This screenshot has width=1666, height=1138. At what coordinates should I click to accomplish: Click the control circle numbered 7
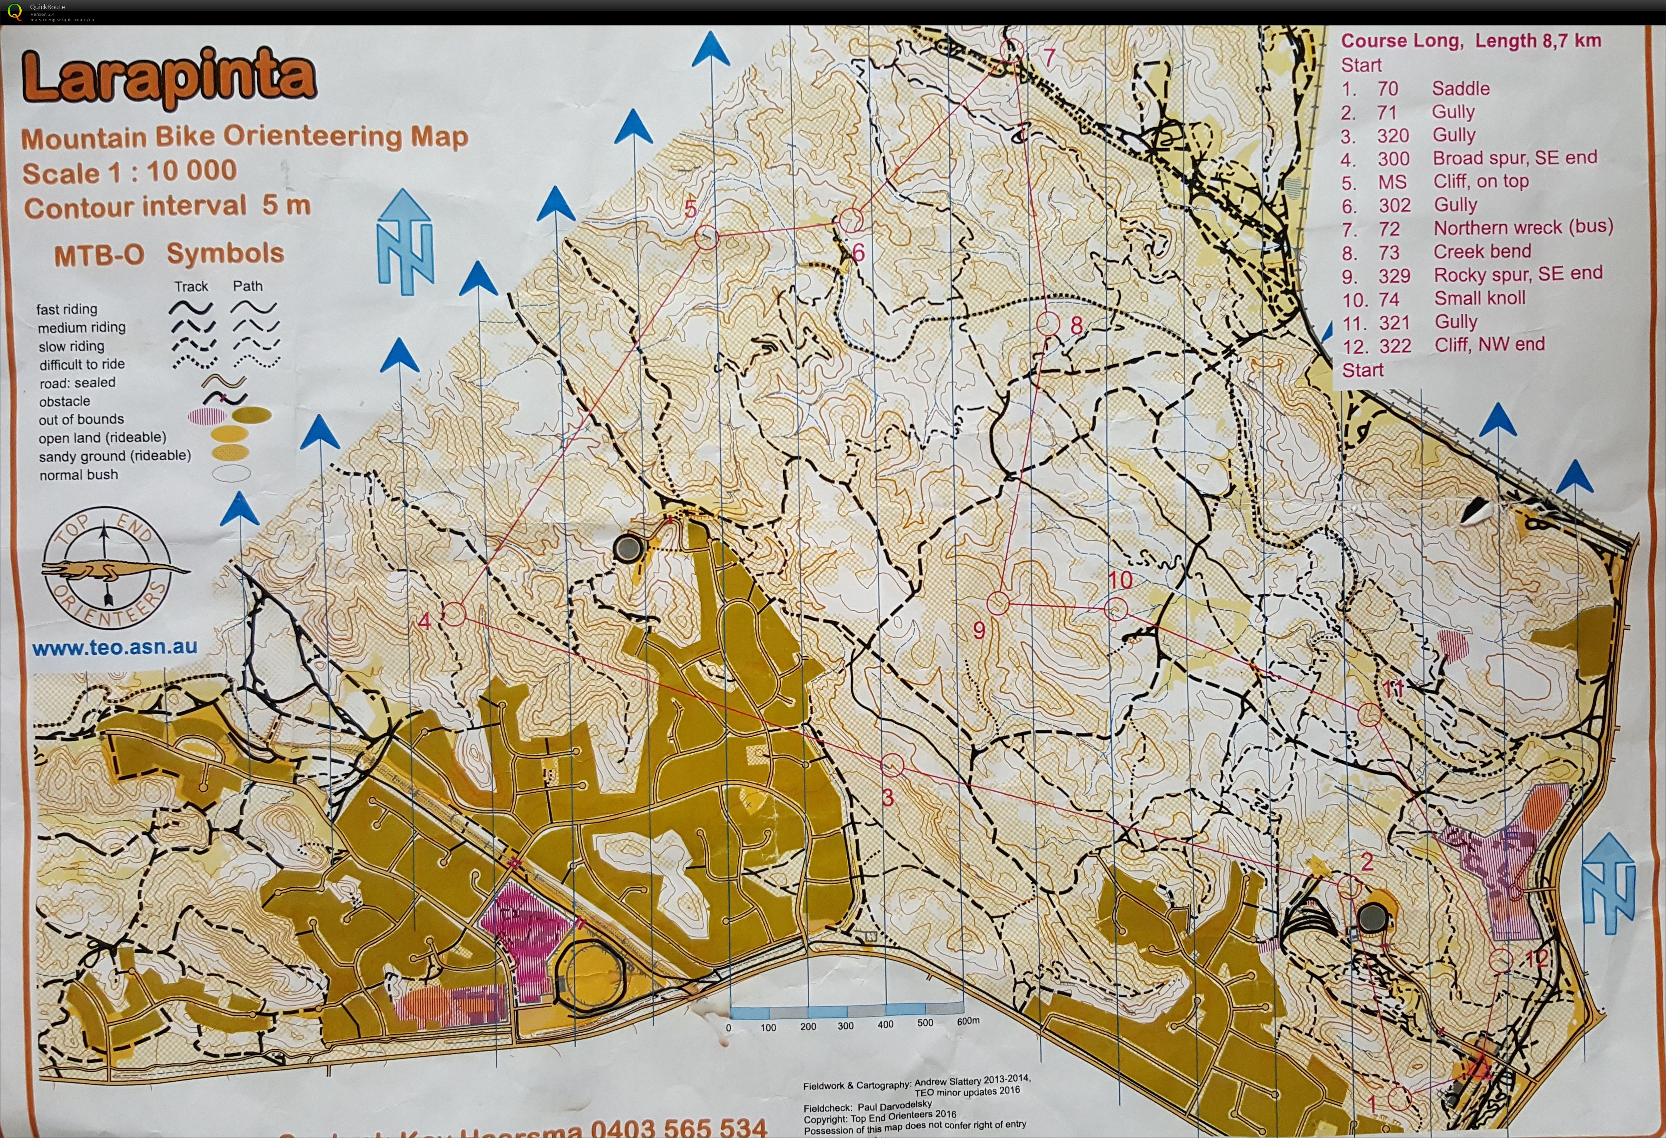point(1013,49)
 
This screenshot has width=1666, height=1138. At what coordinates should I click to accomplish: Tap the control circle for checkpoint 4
point(454,614)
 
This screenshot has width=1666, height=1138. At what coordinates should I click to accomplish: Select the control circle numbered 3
point(892,765)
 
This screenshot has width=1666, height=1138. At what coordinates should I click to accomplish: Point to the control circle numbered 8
point(1048,324)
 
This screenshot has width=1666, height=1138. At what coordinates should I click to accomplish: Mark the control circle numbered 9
point(998,603)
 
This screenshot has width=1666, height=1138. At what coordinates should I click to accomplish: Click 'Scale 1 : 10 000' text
point(129,172)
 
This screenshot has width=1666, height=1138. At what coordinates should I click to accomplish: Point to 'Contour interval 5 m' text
point(167,206)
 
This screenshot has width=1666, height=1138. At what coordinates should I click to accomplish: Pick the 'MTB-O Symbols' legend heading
point(169,254)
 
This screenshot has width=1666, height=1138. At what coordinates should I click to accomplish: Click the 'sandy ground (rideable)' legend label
point(115,456)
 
